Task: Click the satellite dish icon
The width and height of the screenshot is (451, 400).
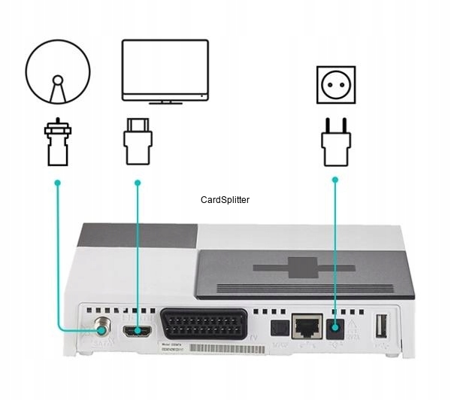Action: (x=57, y=73)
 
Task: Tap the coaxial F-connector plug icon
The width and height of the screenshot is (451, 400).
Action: (x=57, y=143)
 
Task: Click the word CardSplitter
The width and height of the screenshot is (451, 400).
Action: (x=225, y=200)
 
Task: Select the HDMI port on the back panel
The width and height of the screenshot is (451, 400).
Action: (x=138, y=330)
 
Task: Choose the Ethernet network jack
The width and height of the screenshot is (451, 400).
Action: (x=305, y=325)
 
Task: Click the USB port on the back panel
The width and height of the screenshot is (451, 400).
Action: (x=380, y=326)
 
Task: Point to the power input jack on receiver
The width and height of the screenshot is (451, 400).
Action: (x=335, y=327)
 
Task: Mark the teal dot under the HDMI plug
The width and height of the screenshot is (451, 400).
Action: (x=138, y=183)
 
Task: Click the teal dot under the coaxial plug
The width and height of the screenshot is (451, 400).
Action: (x=57, y=183)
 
